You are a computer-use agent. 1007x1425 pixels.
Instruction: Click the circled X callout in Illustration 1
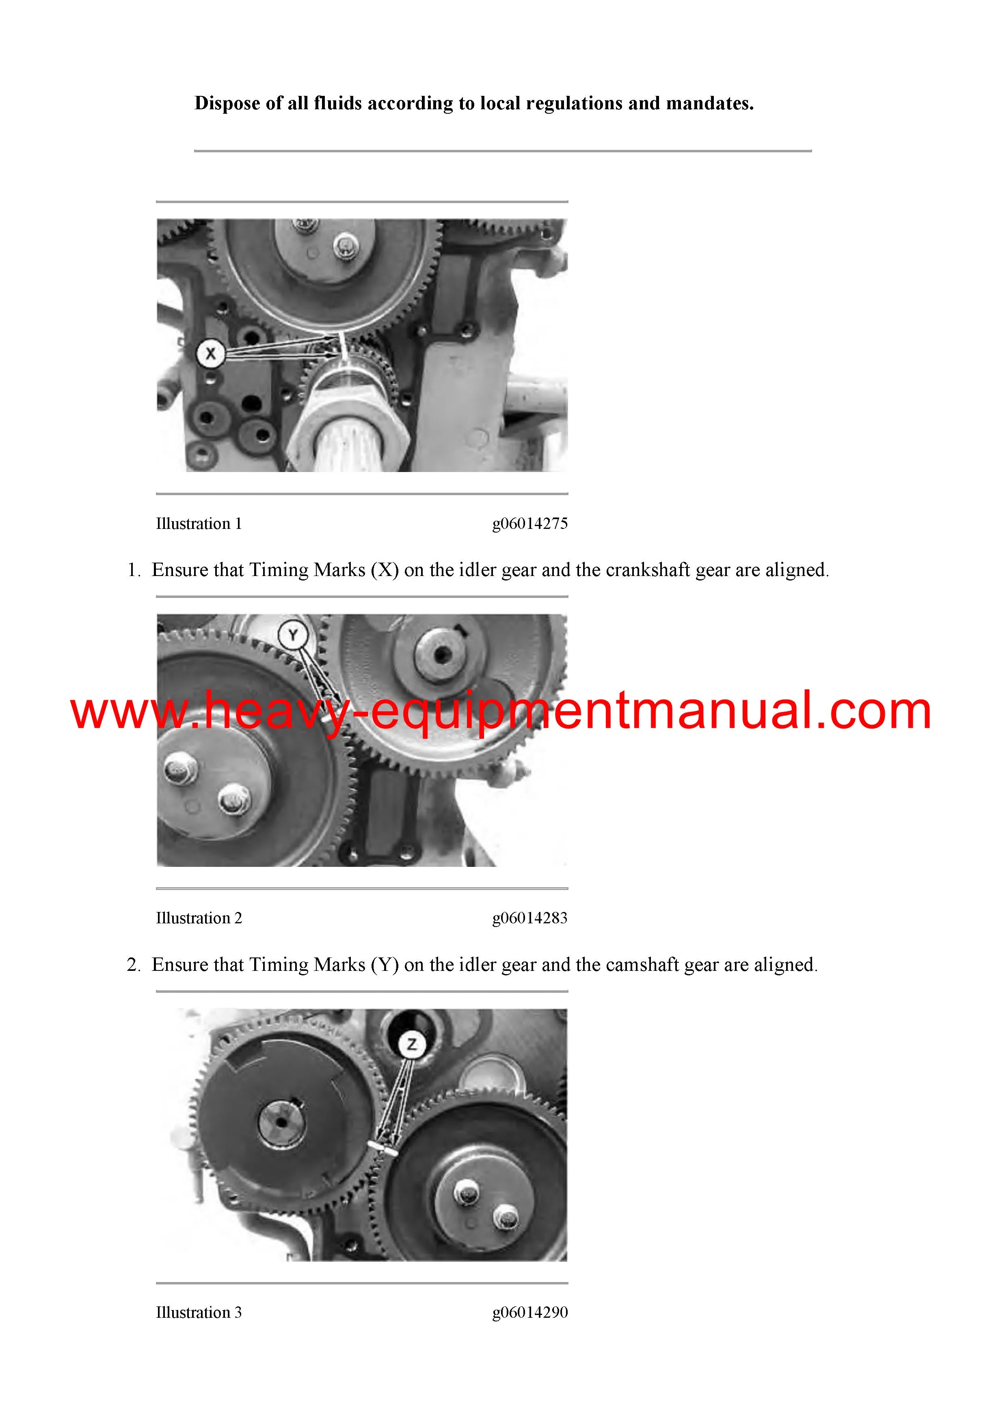click(210, 354)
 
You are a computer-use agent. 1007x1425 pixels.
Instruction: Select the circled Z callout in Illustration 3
click(412, 1044)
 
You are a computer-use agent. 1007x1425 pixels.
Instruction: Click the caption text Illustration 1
click(199, 524)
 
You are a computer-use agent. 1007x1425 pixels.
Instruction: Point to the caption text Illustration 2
click(199, 918)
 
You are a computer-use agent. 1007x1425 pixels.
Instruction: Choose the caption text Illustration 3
click(199, 1312)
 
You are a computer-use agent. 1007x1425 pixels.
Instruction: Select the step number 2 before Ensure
click(133, 964)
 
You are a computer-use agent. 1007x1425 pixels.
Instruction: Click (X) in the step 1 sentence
click(385, 570)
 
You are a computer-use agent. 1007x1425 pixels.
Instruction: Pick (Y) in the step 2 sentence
click(385, 964)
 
